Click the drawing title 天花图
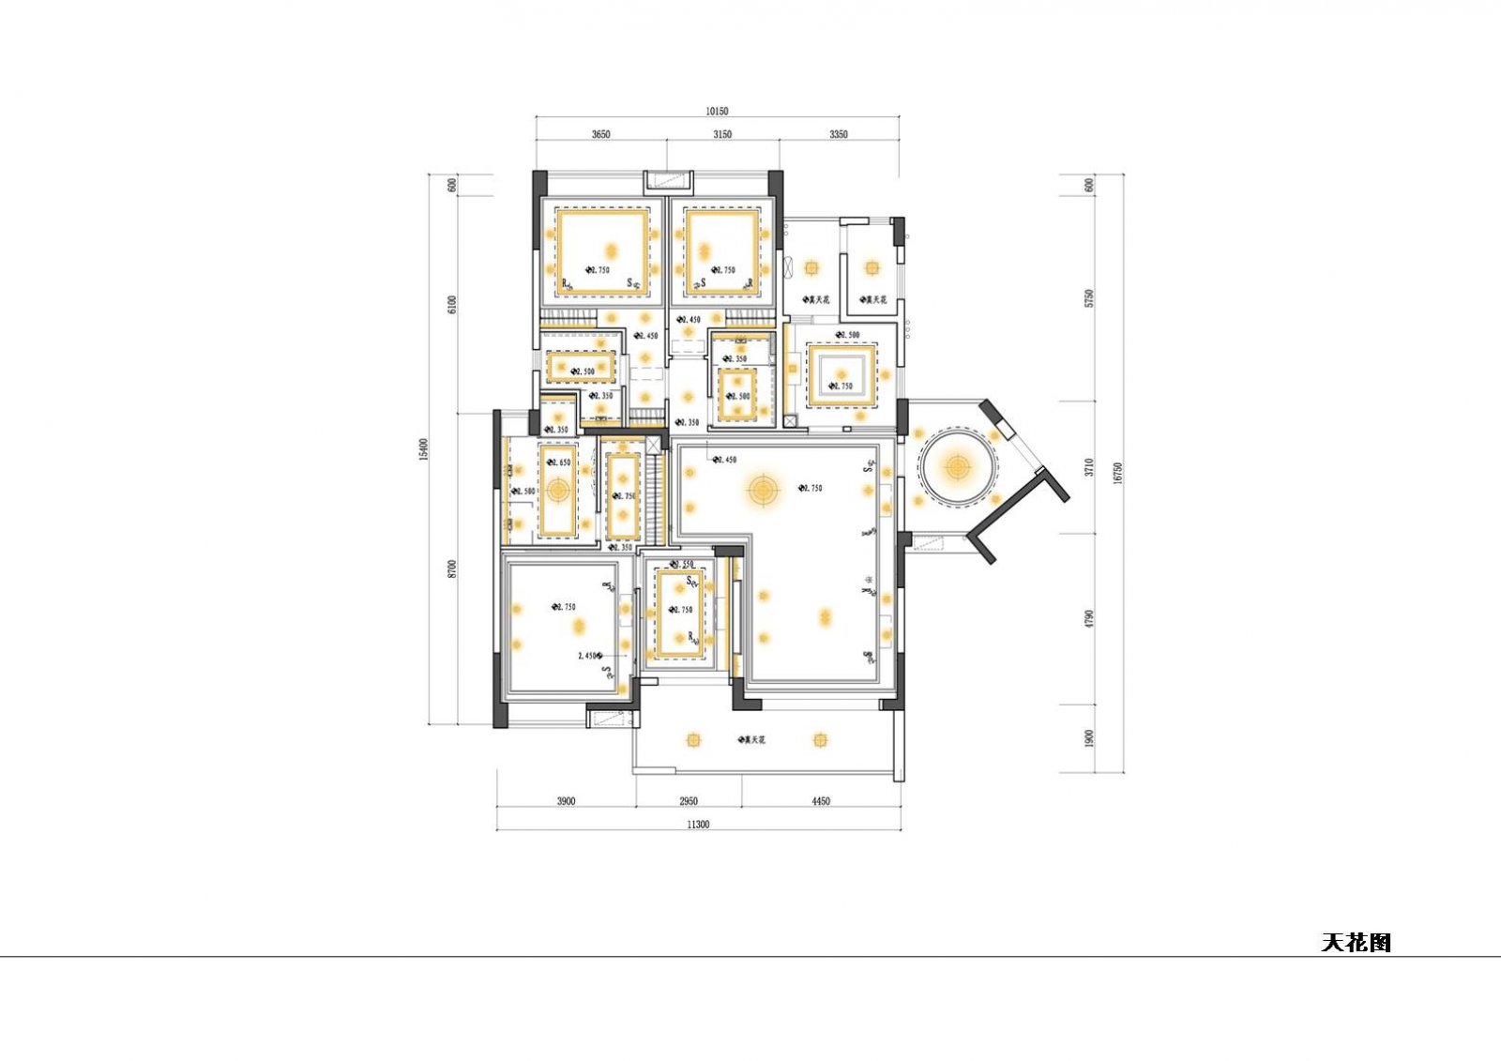point(1356,942)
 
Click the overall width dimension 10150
point(717,111)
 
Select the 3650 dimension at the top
point(600,134)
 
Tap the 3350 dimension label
point(839,134)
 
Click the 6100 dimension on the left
point(451,304)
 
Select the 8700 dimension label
point(451,568)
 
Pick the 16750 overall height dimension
point(1116,472)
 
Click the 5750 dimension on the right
point(1088,298)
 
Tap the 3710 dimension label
point(1088,467)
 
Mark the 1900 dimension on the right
point(1088,738)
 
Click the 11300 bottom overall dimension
point(698,825)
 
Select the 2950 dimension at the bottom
point(689,801)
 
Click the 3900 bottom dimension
point(565,801)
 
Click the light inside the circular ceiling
point(957,466)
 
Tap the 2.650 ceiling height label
point(560,462)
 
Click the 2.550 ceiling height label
point(684,564)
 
